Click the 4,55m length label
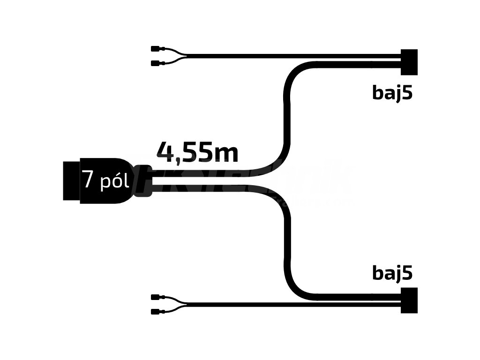click(197, 152)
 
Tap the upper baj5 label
click(392, 93)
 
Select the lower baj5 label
click(392, 273)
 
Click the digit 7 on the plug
click(88, 180)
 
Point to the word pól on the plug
click(114, 181)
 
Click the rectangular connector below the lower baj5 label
click(409, 300)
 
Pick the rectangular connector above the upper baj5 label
click(409, 62)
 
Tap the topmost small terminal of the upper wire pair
click(155, 48)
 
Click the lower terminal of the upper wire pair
click(155, 63)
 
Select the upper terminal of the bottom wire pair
click(155, 297)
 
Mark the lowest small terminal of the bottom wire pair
click(155, 312)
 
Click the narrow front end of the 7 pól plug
click(71, 181)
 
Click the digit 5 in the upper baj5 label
click(408, 93)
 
